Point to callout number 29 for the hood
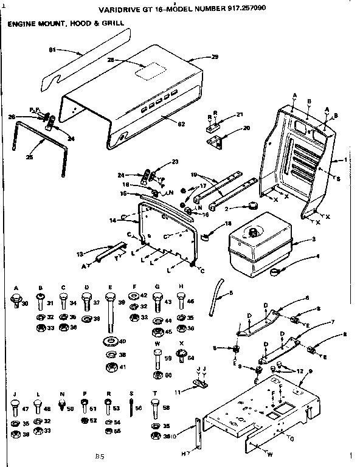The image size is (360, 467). click(x=213, y=57)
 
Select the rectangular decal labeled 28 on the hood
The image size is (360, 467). click(x=147, y=72)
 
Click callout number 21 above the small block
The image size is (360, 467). click(x=239, y=114)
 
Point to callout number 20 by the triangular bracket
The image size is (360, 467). click(x=246, y=128)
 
